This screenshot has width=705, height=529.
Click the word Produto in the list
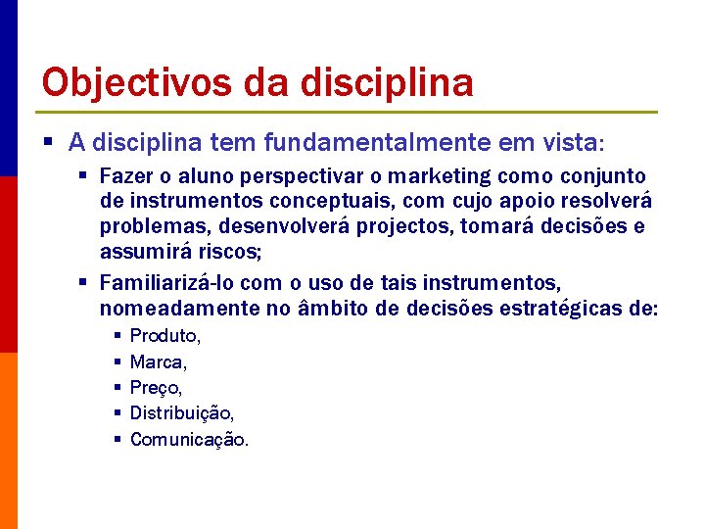pyautogui.click(x=164, y=336)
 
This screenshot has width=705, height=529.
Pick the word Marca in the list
pyautogui.click(x=156, y=362)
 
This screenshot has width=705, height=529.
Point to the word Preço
pyautogui.click(x=155, y=388)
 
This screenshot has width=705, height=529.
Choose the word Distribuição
pyautogui.click(x=181, y=413)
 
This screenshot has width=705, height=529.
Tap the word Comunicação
pyautogui.click(x=188, y=440)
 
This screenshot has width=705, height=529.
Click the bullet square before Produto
pyautogui.click(x=116, y=336)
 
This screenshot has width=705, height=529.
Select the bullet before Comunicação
pyautogui.click(x=116, y=439)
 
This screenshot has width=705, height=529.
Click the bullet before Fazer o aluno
pyautogui.click(x=84, y=176)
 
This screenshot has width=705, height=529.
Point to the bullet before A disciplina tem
pyautogui.click(x=51, y=143)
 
